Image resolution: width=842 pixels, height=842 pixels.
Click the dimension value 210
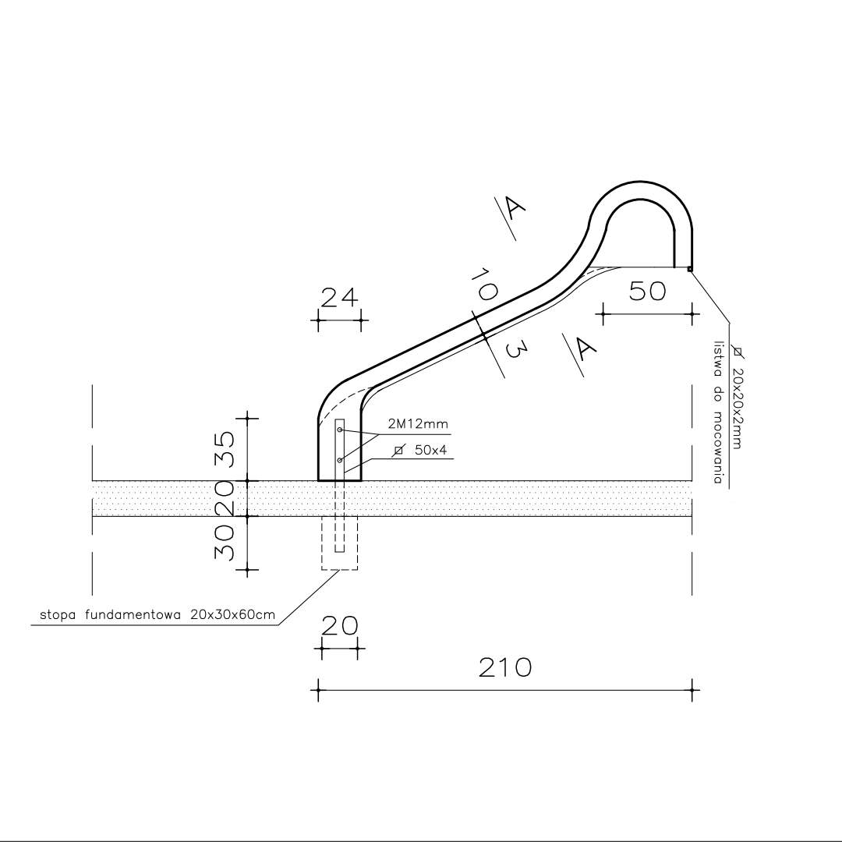[x=504, y=667]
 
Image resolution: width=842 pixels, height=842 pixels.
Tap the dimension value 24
[x=339, y=298]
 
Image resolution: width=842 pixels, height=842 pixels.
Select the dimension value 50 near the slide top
[x=647, y=291]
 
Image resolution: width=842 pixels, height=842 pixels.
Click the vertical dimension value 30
[x=225, y=543]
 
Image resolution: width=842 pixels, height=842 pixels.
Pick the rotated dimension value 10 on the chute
[x=484, y=285]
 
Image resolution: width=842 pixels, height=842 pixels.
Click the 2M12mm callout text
[x=418, y=424]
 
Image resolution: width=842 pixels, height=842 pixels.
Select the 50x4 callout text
[x=430, y=450]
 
